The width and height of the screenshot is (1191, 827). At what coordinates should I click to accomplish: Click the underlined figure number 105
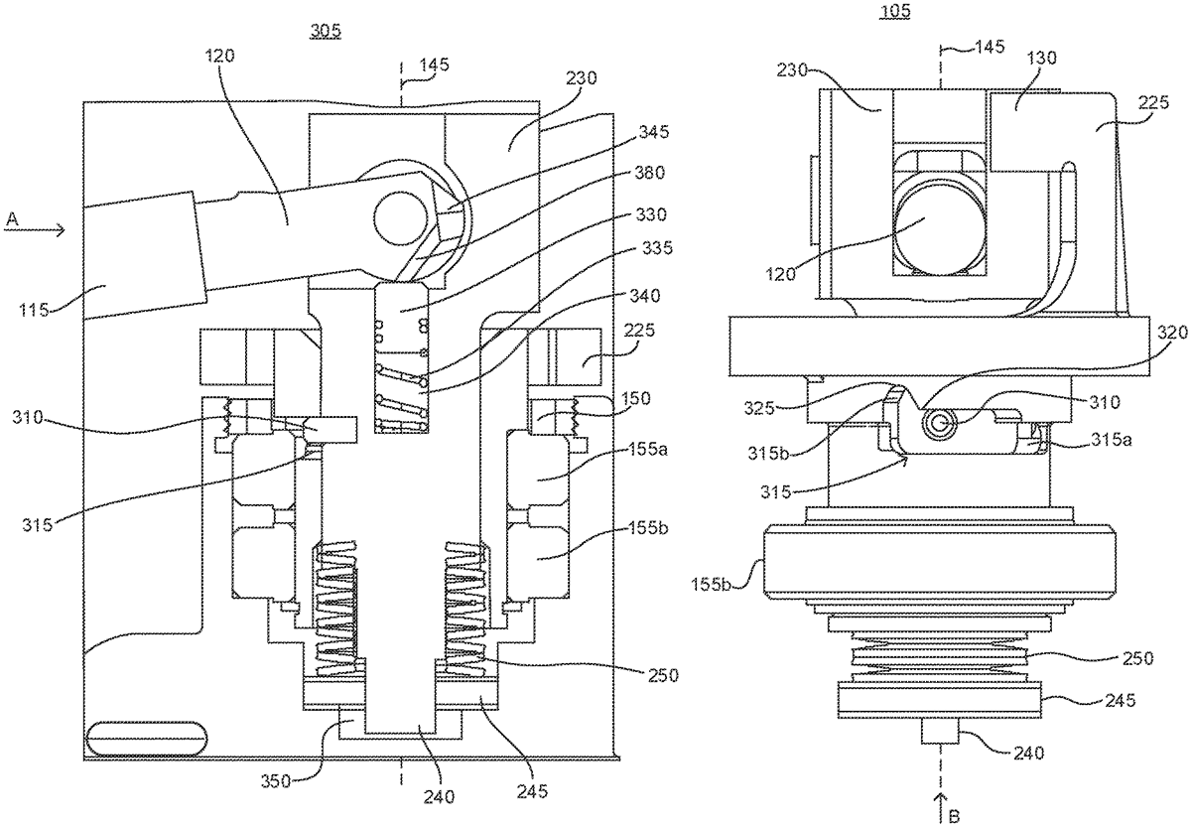(895, 11)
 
